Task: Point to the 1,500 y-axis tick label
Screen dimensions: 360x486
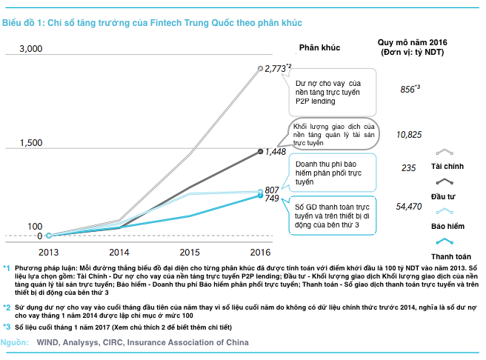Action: (30, 142)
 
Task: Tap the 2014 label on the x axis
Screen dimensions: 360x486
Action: (119, 252)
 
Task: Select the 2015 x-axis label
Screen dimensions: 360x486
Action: (190, 252)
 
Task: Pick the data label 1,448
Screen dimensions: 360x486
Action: (276, 151)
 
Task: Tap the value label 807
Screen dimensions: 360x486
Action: (272, 190)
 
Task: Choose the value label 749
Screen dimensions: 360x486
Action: (272, 199)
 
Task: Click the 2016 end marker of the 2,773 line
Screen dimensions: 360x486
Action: (260, 68)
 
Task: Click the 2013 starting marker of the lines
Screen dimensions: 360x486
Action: (48, 236)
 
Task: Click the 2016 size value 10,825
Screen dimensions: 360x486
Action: (409, 134)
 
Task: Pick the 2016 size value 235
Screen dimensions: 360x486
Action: (409, 169)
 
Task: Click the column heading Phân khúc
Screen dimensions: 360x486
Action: (319, 47)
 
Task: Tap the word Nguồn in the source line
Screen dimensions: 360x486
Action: (15, 342)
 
